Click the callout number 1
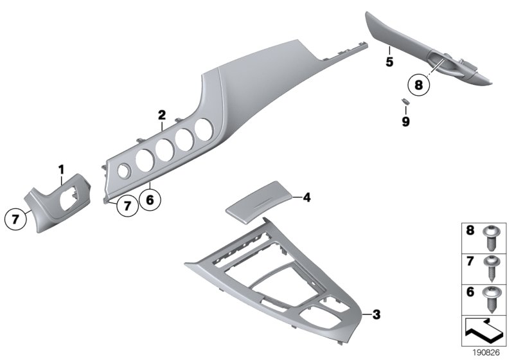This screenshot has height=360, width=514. click(x=62, y=169)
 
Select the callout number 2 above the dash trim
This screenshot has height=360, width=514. click(x=162, y=115)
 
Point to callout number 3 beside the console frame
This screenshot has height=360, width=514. click(x=377, y=314)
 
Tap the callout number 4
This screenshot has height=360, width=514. click(x=306, y=198)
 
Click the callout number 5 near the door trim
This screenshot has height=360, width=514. click(x=389, y=62)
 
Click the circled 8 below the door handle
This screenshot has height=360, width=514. click(x=419, y=84)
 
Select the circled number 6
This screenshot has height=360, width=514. click(x=149, y=200)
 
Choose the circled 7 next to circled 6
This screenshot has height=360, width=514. click(x=127, y=206)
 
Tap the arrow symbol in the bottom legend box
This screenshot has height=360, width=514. click(x=484, y=333)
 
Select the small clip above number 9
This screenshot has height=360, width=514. click(x=404, y=102)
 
